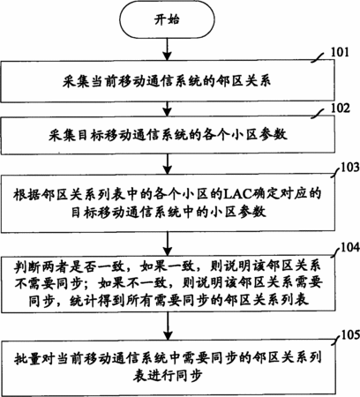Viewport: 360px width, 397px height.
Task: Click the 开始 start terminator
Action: tap(167, 19)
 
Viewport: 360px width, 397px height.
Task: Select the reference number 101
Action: tap(340, 52)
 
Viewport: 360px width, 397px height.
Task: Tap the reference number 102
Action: tap(341, 109)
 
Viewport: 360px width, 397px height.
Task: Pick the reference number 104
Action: tap(350, 248)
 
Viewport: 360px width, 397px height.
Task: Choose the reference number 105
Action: tap(350, 335)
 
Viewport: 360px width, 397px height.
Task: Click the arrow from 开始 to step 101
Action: tap(167, 49)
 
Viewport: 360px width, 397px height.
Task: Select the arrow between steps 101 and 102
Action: tap(167, 109)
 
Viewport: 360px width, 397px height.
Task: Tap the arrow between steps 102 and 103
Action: tap(167, 163)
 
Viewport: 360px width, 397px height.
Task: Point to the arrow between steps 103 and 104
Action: tap(168, 243)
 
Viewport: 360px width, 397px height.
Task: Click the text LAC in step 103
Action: tap(236, 194)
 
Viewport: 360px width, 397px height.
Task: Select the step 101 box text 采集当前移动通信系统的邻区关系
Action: tap(167, 81)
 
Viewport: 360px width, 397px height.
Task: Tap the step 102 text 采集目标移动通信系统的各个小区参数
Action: tap(168, 135)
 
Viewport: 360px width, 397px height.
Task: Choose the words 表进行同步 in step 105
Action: tap(168, 376)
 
